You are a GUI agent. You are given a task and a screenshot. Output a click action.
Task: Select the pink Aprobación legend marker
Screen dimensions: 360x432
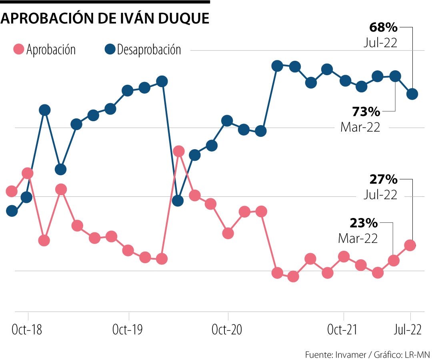click(x=19, y=50)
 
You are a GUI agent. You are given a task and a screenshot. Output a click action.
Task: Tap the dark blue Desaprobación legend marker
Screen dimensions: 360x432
click(x=110, y=50)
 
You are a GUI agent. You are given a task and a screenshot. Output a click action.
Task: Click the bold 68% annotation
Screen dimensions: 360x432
click(x=383, y=28)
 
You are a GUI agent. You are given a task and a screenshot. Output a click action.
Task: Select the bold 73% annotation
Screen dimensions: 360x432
click(x=366, y=111)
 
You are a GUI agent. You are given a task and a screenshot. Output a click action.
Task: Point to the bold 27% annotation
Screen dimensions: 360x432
click(x=383, y=179)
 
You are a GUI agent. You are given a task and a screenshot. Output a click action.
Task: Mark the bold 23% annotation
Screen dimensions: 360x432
click(x=364, y=223)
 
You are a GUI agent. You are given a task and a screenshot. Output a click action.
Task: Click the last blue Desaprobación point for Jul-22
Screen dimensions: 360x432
click(x=412, y=94)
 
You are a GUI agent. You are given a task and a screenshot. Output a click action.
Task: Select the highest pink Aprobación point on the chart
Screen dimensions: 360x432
click(x=179, y=151)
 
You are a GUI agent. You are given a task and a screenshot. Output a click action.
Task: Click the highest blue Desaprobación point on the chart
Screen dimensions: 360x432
click(x=277, y=66)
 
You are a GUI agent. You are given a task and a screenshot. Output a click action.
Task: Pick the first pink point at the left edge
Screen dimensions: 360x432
click(x=12, y=191)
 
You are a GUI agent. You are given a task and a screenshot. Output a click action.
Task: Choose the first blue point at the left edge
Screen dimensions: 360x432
click(x=12, y=211)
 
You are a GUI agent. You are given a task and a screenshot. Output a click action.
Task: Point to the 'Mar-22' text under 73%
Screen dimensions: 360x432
click(x=360, y=127)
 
